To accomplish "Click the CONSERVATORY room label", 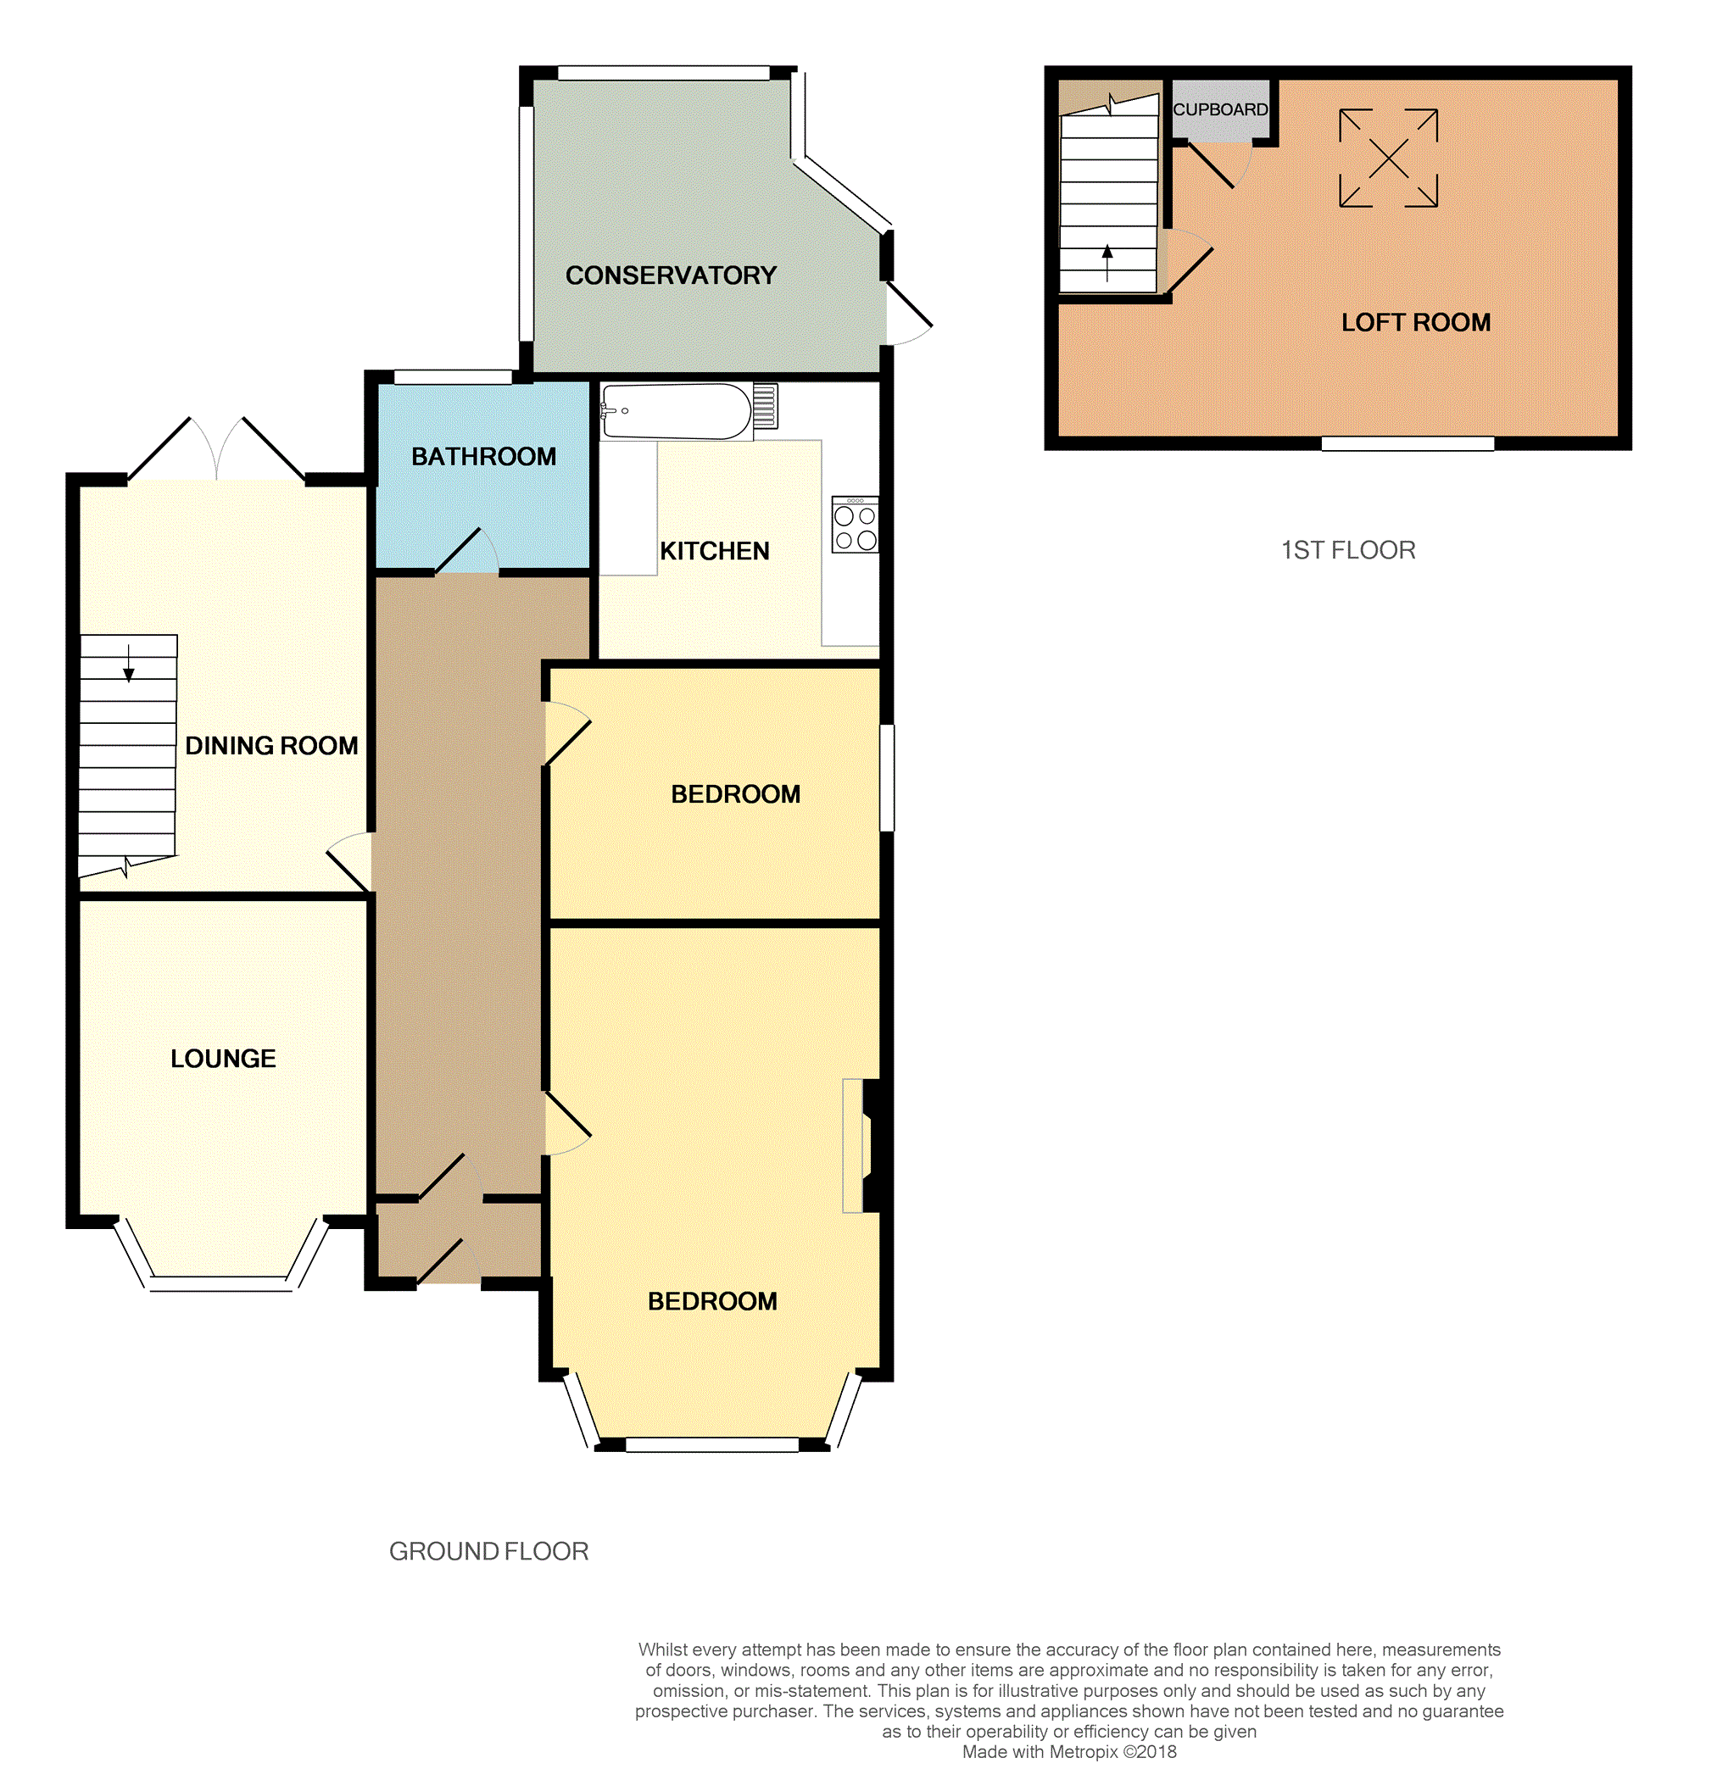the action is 671,275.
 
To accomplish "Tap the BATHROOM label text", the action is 484,457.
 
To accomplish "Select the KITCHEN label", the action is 715,551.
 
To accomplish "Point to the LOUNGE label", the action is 223,1059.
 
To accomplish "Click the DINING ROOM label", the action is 271,746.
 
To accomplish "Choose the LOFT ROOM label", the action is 1415,322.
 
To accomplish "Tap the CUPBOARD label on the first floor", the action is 1220,109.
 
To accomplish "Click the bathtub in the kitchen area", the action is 677,412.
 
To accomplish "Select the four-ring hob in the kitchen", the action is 855,524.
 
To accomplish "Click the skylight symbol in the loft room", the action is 1388,159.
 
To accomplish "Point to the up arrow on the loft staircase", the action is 1107,264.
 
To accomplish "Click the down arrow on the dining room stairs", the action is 128,664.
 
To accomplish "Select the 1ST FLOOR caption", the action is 1348,549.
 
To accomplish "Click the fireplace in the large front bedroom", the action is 866,1145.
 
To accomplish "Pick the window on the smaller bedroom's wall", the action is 888,777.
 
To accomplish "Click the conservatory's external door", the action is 907,313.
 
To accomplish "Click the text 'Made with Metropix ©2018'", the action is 1069,1752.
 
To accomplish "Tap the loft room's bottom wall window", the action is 1408,443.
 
